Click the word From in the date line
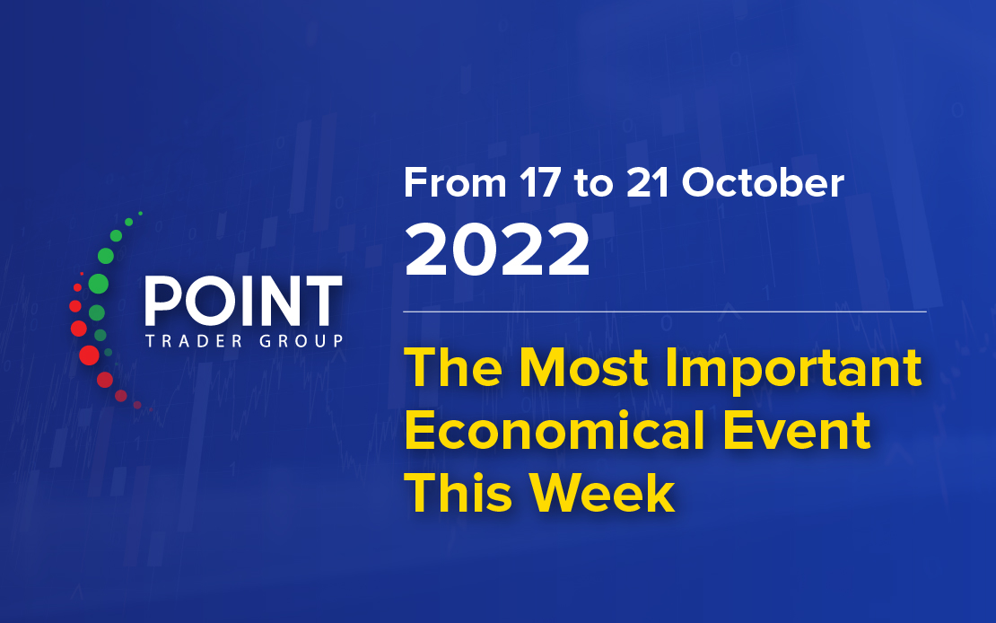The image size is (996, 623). coord(455,183)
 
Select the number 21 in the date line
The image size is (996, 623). coord(647,183)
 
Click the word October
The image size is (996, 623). coord(763,183)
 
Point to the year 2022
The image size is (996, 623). coord(497,250)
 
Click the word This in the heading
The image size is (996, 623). coord(458,494)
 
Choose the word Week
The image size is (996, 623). coord(601,494)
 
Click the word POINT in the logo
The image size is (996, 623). coord(244,302)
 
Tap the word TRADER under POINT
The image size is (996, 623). coord(195,341)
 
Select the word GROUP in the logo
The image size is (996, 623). coord(301,341)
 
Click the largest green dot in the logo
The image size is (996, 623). coord(99,284)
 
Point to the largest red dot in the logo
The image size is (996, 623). coord(89,355)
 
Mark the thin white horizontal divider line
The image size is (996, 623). coord(665,311)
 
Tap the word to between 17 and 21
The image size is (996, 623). coord(593,184)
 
